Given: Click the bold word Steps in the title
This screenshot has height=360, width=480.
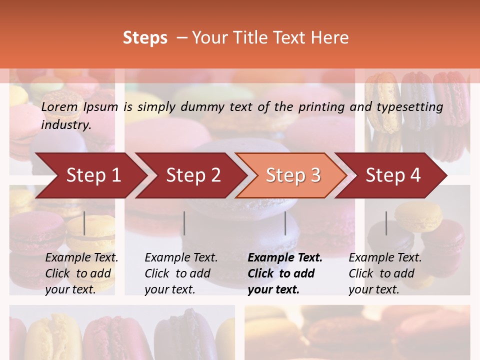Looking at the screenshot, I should coord(145,38).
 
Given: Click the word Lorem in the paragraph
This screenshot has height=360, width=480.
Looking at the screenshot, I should coord(59,106).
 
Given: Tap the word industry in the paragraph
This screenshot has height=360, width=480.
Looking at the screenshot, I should coord(66,125).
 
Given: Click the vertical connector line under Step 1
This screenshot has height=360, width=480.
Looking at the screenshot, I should coord(84,223).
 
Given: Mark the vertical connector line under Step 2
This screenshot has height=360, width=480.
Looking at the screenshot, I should coord(184,223).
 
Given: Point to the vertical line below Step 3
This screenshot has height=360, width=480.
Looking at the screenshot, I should coord(285,223).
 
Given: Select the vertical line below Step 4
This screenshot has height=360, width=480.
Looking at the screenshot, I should coord(386,223).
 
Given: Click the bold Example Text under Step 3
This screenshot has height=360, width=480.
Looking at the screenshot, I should coord(285,258).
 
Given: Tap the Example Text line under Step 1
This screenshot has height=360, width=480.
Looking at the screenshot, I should coord(81,258).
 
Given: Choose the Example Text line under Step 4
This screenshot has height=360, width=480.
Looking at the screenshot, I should coord(385,258).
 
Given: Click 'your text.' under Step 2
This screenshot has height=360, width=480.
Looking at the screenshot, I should coord(169,289).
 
